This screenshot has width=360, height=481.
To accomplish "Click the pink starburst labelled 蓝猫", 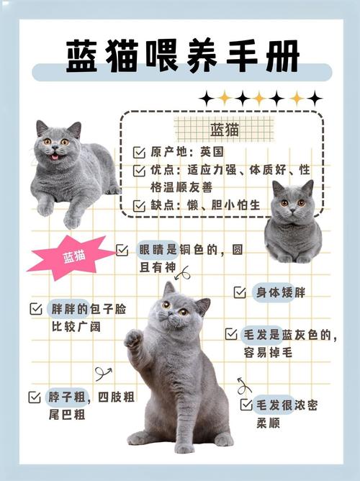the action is pyautogui.click(x=73, y=257).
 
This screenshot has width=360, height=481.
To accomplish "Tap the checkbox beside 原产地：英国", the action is pyautogui.click(x=139, y=153).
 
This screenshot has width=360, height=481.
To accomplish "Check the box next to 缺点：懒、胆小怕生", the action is pyautogui.click(x=139, y=205).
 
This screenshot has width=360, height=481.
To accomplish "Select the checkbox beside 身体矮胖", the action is pyautogui.click(x=240, y=292).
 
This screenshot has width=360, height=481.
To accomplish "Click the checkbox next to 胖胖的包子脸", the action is pyautogui.click(x=36, y=309).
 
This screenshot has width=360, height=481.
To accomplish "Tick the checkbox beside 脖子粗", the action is pyautogui.click(x=35, y=397).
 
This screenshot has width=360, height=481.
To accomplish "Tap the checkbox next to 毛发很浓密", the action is pyautogui.click(x=246, y=405).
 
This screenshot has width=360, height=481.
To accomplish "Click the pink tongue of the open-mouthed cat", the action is pyautogui.click(x=55, y=157).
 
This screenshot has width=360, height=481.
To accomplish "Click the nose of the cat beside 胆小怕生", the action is pyautogui.click(x=293, y=210).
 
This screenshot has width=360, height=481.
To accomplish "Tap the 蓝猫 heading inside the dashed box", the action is pyautogui.click(x=225, y=130).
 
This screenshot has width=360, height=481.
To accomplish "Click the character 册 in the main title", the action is pyautogui.click(x=282, y=56).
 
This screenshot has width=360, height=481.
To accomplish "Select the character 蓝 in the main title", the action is pyautogui.click(x=82, y=56).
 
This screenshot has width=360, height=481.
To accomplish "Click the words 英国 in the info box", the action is pyautogui.click(x=212, y=152).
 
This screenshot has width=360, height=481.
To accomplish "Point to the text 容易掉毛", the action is pyautogui.click(x=268, y=352).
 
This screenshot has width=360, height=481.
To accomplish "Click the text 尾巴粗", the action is pyautogui.click(x=67, y=415).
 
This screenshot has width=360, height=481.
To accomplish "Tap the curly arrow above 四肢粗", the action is pyautogui.click(x=104, y=374).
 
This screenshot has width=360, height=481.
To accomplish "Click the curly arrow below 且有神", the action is pyautogui.click(x=183, y=273).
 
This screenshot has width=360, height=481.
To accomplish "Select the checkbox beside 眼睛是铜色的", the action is pyautogui.click(x=122, y=250).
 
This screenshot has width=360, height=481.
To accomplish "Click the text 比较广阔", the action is pyautogui.click(x=76, y=327).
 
